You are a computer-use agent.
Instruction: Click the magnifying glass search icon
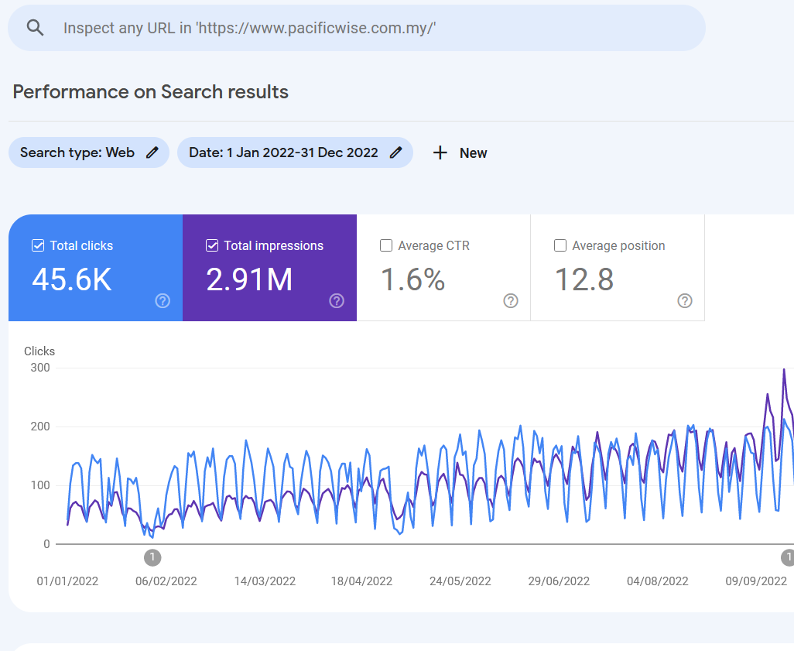click(35, 28)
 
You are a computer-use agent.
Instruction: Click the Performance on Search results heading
click(150, 91)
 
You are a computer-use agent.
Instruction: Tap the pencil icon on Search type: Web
click(152, 152)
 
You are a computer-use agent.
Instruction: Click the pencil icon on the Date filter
click(396, 152)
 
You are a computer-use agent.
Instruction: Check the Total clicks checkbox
click(38, 245)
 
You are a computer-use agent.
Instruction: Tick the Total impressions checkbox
click(212, 245)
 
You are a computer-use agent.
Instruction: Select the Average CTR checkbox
click(386, 245)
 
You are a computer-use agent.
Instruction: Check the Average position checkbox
click(560, 245)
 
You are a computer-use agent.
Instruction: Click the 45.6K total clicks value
click(72, 279)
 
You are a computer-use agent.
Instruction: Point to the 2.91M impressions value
click(249, 279)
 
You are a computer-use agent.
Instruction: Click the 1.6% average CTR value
click(412, 279)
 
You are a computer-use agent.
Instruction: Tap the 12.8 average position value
click(584, 279)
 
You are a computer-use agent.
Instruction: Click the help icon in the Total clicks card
click(163, 301)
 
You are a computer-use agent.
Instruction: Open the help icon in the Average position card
click(685, 301)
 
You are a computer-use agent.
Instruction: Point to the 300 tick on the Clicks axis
click(40, 368)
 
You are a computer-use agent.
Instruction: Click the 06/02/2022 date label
click(166, 581)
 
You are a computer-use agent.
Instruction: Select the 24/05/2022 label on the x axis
click(460, 581)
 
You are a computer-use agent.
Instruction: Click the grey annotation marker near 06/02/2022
click(152, 558)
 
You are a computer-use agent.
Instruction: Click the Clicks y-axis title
click(39, 351)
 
